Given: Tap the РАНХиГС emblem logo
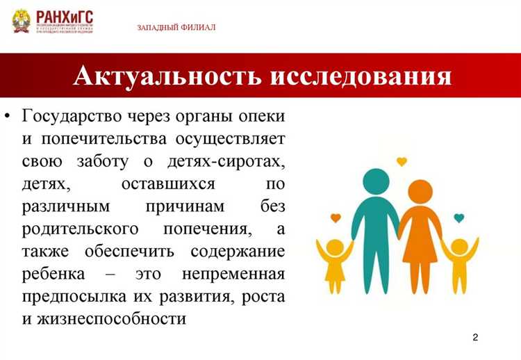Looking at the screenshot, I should pos(23,22).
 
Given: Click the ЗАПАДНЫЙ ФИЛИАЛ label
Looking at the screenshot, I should pos(176,27).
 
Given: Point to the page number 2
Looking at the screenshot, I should pos(475,337).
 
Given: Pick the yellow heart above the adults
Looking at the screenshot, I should pos(401,162).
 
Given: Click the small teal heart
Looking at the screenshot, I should pos(458,218).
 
